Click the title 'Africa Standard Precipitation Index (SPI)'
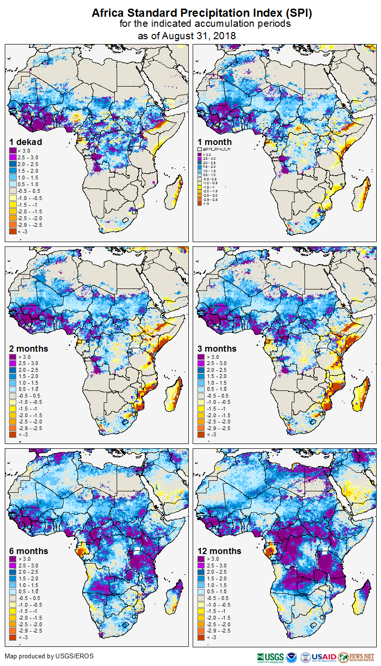[202, 13]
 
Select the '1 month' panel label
[215, 142]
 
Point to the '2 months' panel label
[29, 348]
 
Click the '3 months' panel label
[217, 348]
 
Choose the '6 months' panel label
[29, 551]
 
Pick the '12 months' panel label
[219, 551]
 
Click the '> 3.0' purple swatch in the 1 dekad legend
[12, 151]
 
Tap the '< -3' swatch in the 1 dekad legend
[12, 232]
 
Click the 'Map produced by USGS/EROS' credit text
[49, 656]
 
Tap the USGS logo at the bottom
[270, 657]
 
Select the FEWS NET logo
[356, 657]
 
